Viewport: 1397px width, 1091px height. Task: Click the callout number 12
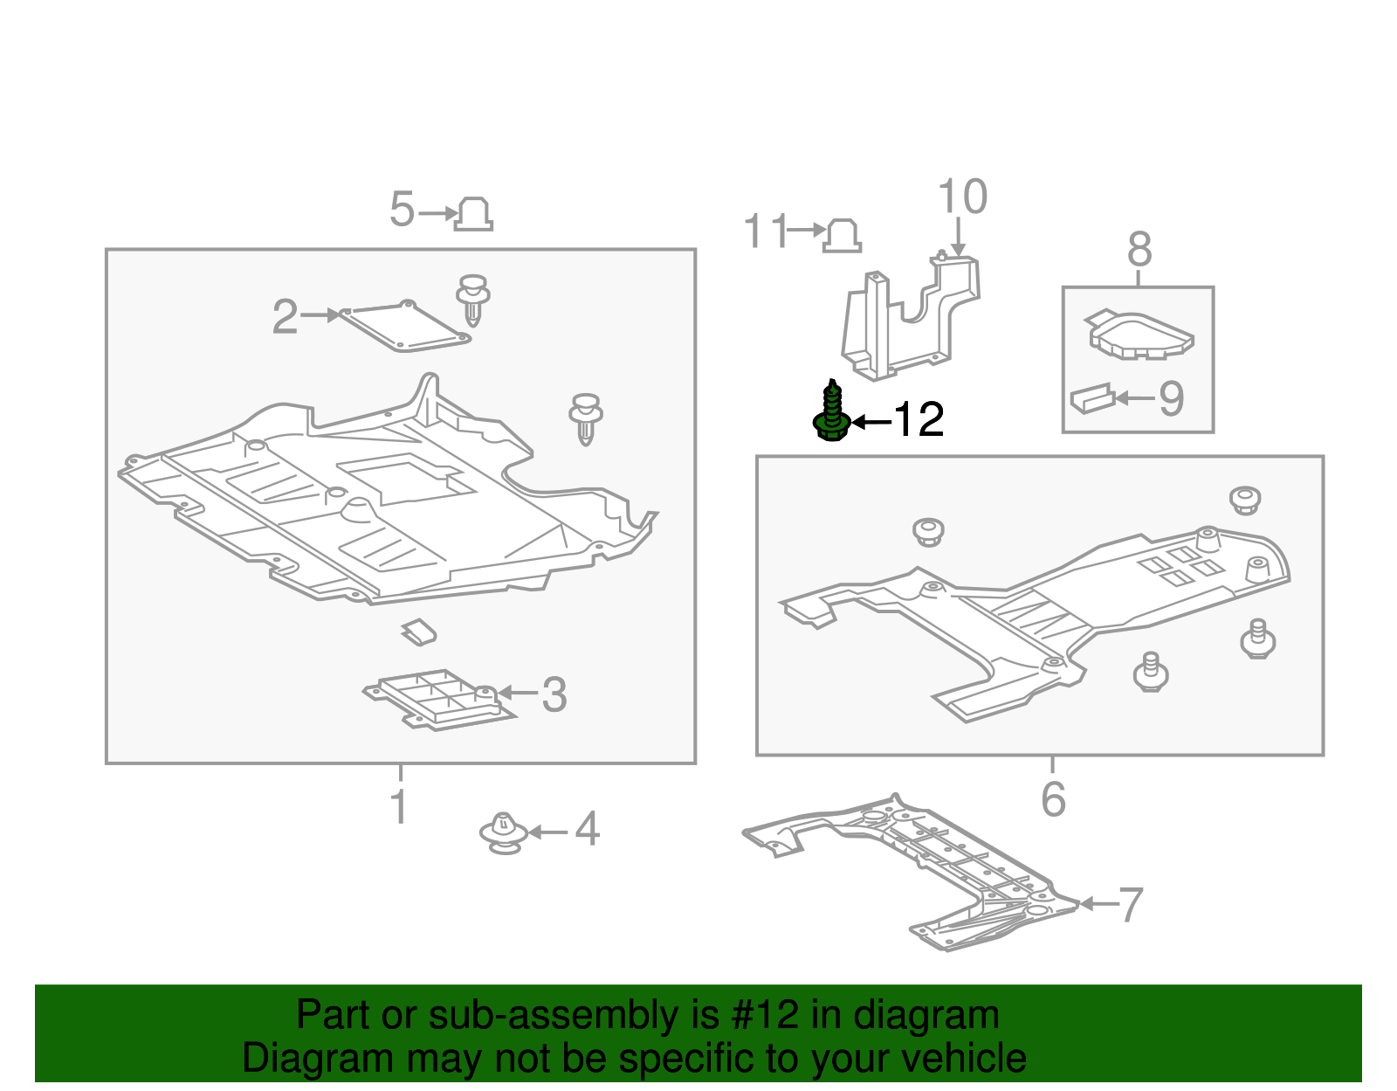click(919, 420)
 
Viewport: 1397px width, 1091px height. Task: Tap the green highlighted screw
click(831, 412)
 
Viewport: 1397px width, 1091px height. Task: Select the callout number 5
click(402, 210)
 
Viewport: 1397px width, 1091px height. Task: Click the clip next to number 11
click(842, 236)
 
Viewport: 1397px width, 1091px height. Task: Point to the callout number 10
click(962, 197)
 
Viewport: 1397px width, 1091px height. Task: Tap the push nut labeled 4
click(503, 832)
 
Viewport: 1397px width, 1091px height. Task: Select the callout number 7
click(1131, 905)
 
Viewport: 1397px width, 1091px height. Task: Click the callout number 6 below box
click(1053, 799)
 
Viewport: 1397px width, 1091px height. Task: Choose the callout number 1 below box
click(399, 806)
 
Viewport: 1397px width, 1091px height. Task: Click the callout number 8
click(1139, 251)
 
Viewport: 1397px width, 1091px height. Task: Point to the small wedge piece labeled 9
click(1092, 399)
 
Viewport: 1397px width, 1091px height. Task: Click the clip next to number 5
click(473, 214)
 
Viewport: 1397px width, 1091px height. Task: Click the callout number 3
click(554, 695)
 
